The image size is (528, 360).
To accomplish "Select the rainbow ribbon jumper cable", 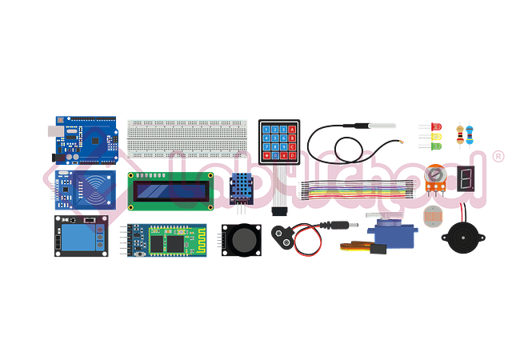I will [359, 191].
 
